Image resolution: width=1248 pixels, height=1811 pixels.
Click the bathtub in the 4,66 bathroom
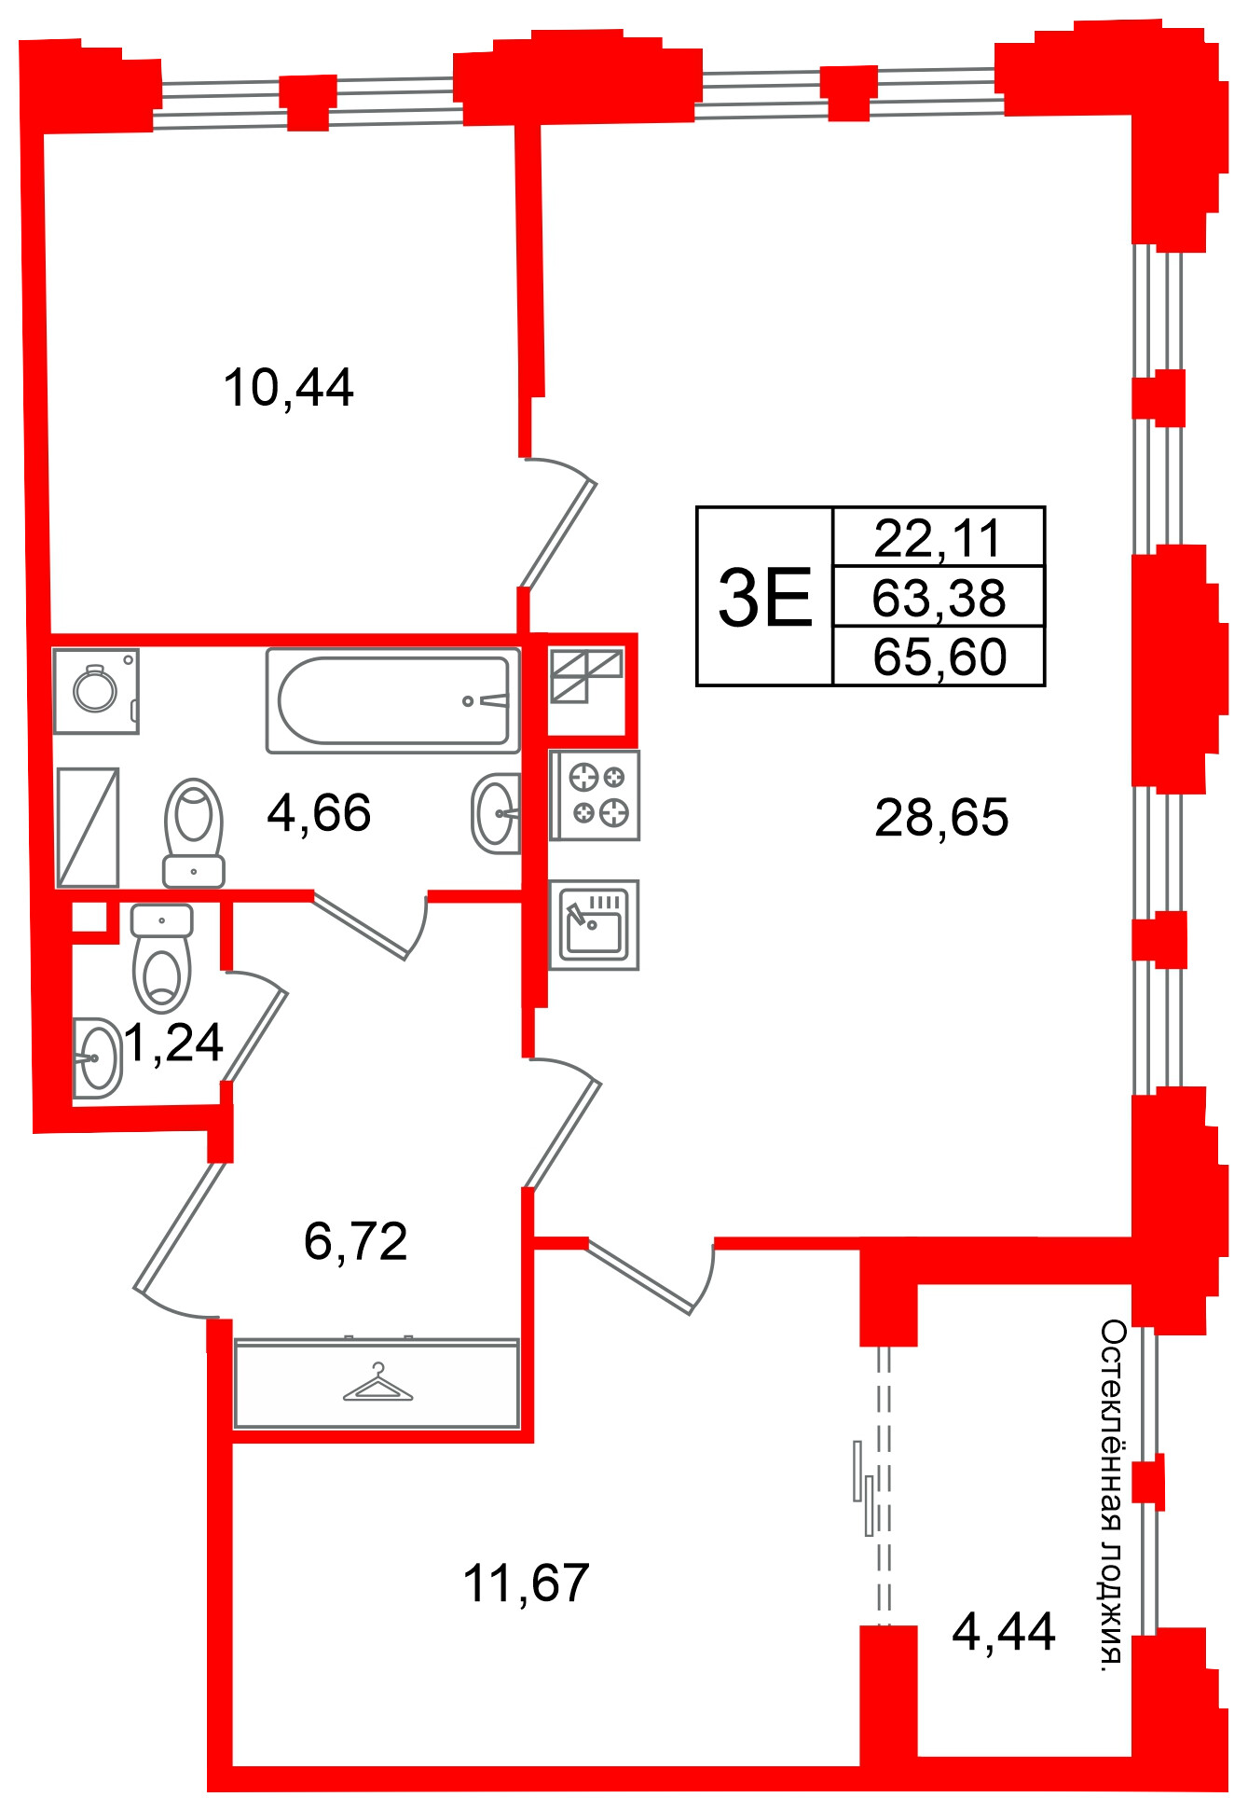click(x=392, y=700)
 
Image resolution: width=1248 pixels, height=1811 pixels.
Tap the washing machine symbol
click(x=96, y=691)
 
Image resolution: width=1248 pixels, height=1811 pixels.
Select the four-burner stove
click(x=595, y=795)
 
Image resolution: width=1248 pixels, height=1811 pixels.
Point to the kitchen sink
click(x=594, y=925)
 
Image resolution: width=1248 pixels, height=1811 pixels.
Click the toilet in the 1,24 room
click(x=161, y=958)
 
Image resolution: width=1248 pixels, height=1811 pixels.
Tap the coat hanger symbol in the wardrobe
click(x=377, y=1384)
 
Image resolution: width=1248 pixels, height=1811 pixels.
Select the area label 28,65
click(x=941, y=817)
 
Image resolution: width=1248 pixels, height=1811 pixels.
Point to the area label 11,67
click(x=526, y=1583)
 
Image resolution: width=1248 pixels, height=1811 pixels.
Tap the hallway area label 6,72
click(x=356, y=1241)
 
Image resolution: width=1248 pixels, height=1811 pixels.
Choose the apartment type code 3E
click(x=765, y=598)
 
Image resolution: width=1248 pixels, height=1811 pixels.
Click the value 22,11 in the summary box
click(x=938, y=538)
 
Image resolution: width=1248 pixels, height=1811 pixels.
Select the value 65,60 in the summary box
click(x=939, y=657)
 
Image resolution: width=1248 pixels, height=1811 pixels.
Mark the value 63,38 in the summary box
click(x=939, y=598)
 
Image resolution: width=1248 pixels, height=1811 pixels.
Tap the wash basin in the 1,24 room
click(x=98, y=1058)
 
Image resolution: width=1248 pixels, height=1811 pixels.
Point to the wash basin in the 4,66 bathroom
click(x=496, y=813)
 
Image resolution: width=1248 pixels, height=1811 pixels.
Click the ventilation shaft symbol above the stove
click(x=586, y=676)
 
